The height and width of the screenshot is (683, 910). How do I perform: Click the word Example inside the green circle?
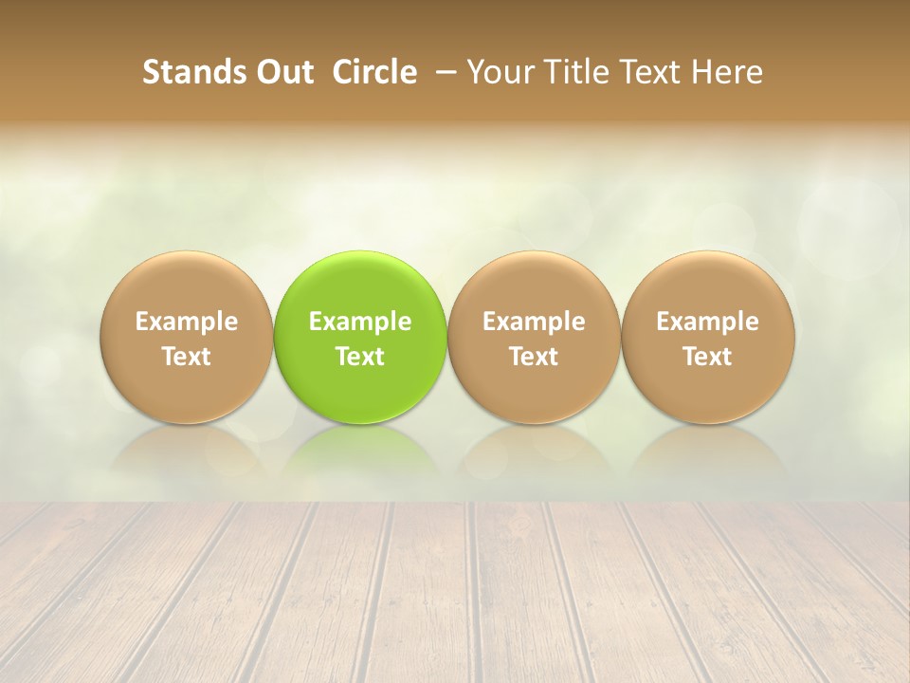click(360, 322)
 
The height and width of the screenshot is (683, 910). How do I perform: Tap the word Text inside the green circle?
click(360, 357)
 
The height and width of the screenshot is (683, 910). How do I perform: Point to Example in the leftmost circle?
click(186, 322)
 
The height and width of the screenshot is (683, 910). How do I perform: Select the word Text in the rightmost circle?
click(707, 357)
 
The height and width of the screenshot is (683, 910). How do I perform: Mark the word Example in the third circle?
click(534, 322)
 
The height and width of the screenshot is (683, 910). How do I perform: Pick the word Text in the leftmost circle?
click(186, 357)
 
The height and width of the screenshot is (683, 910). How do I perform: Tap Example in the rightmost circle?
click(707, 322)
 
